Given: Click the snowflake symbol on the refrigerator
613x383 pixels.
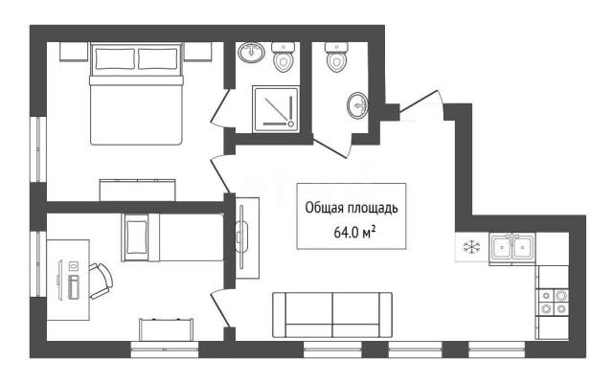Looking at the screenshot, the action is coord(471,247).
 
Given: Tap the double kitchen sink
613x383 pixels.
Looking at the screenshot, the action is coord(512,247).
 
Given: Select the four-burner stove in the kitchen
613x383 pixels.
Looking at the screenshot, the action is coord(554,303).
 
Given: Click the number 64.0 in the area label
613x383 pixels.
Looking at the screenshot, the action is coord(346,233).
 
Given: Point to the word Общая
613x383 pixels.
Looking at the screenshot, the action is coord(323,208).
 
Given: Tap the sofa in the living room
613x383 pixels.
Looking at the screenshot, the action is coord(332,315).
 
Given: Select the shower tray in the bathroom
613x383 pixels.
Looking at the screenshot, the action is coord(276,109).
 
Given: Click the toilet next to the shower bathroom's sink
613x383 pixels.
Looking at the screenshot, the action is coord(284,57).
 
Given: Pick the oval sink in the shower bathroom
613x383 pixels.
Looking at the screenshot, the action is coord(251,52).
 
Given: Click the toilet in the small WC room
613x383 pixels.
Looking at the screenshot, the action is coord(336,57).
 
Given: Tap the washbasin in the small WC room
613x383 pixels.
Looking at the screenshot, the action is coord(357,105).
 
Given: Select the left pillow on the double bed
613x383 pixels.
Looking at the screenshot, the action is coord(115,59).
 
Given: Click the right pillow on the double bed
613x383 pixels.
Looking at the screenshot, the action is coord(158,59).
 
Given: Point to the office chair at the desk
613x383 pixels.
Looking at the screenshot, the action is coord(101,281).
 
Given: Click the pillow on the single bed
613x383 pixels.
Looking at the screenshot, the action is coord(136,237).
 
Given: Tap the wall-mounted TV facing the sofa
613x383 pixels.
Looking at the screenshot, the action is coord(241,237).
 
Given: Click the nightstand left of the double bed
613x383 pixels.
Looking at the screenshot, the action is coord(74,52).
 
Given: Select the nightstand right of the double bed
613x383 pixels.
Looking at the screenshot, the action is coord(197,52).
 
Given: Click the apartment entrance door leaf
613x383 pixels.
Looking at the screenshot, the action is coord(419,101).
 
